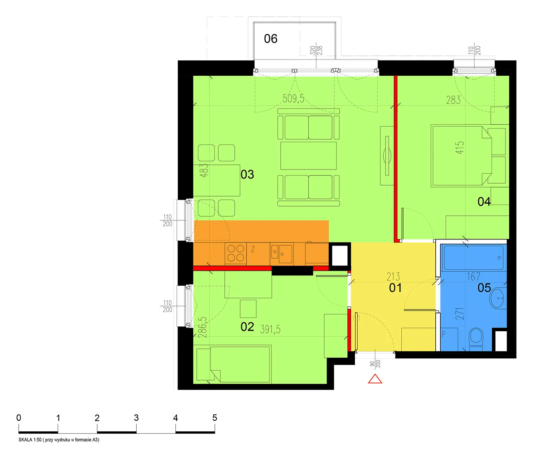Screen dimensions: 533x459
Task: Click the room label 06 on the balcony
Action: [270, 39]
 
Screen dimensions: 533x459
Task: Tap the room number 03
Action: [247, 174]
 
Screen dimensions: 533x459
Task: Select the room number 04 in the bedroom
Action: [484, 202]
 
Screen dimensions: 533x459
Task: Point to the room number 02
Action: [247, 327]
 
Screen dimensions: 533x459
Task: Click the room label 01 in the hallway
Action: [395, 288]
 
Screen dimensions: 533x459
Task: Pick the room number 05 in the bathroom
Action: [484, 288]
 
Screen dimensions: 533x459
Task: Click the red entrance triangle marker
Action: [375, 379]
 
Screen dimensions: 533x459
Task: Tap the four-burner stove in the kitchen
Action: [235, 254]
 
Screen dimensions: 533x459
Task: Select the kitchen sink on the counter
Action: [281, 254]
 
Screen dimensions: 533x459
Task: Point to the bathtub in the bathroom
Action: [473, 257]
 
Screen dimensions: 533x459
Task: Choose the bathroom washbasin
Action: [497, 298]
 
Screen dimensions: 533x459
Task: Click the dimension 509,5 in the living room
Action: [293, 99]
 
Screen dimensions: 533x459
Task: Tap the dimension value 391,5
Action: [270, 329]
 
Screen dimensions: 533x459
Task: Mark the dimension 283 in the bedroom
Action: [453, 100]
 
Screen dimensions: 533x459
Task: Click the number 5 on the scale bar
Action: [214, 418]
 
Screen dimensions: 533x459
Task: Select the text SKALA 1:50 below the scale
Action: [30, 439]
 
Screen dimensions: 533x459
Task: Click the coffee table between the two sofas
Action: [308, 156]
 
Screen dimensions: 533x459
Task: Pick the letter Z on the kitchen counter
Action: [253, 249]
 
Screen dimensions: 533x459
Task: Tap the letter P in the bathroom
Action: [443, 334]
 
